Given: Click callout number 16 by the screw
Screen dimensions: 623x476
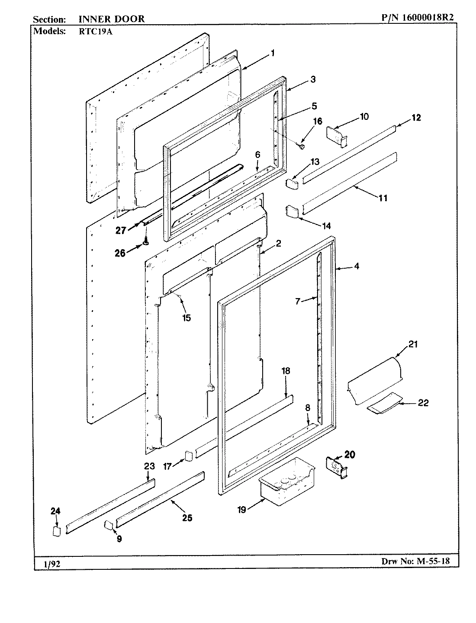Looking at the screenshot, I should [318, 121].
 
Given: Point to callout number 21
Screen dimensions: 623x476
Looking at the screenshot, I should [413, 344].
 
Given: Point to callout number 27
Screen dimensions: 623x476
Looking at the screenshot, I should [121, 230].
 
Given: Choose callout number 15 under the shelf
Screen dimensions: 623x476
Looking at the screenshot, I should [186, 318].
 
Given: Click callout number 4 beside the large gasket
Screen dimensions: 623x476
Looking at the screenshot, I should [356, 267].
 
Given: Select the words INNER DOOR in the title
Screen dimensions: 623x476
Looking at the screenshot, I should [112, 19].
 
